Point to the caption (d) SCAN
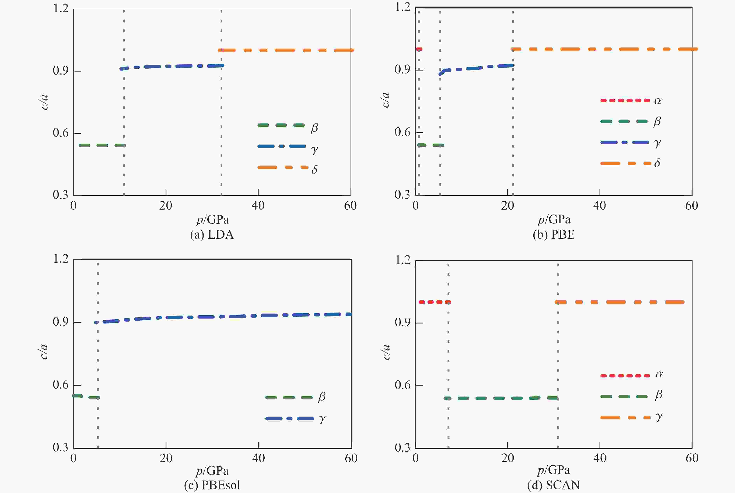click(554, 485)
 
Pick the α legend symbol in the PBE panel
click(658, 101)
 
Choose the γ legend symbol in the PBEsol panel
click(322, 418)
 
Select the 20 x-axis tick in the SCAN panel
click(507, 458)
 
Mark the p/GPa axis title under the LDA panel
click(212, 219)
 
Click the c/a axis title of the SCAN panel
click(386, 352)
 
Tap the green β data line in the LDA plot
click(102, 145)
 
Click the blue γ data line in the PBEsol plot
click(220, 316)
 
